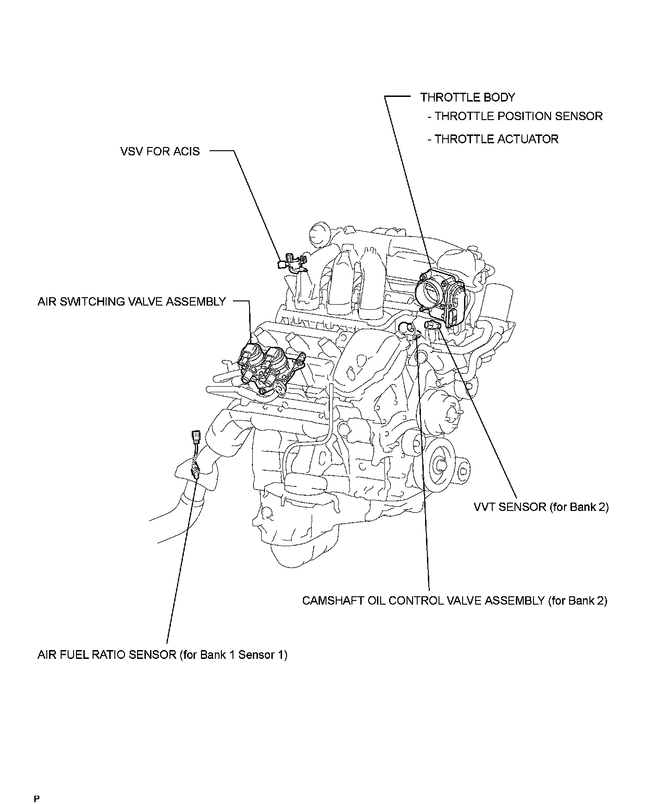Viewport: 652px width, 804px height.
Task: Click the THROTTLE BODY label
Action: [x=467, y=97]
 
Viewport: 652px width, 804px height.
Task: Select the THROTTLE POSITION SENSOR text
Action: [x=518, y=116]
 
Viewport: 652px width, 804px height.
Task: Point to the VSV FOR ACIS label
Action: [x=160, y=151]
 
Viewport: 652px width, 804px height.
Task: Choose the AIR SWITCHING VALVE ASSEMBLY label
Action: [x=132, y=301]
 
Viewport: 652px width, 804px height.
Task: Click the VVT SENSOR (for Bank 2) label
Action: [x=541, y=507]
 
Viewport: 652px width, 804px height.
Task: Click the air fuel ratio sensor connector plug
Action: [x=195, y=437]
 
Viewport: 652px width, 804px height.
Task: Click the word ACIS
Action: [x=186, y=151]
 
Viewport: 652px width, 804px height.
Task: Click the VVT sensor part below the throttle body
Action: [x=433, y=325]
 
